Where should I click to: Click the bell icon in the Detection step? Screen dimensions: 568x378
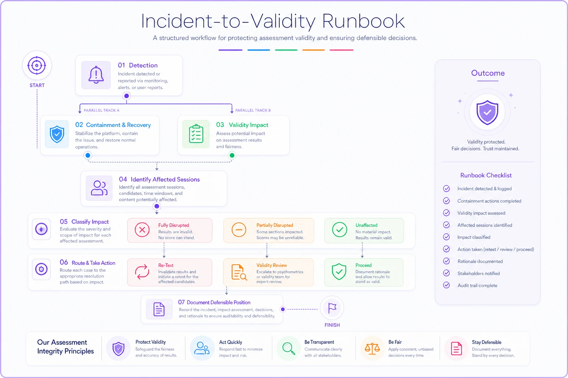[x=96, y=75]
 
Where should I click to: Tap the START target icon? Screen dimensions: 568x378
[x=37, y=65]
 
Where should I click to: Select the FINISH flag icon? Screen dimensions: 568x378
[x=332, y=308]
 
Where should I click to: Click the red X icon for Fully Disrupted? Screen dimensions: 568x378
[x=142, y=230]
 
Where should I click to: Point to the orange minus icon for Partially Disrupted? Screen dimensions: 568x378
[x=239, y=230]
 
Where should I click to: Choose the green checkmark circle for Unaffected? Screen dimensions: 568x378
[x=339, y=230]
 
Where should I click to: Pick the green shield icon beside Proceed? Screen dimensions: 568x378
[x=339, y=272]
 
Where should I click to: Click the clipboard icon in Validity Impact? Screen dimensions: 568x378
[x=196, y=134]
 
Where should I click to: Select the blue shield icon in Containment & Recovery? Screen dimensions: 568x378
[x=57, y=134]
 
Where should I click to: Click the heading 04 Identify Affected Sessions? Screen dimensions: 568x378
[x=159, y=179]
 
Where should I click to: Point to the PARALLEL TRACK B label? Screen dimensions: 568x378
[x=253, y=110]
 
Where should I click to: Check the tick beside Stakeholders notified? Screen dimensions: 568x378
[x=446, y=273]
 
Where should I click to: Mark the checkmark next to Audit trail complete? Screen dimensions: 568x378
[x=446, y=285]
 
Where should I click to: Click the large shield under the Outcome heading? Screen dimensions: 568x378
[x=487, y=113]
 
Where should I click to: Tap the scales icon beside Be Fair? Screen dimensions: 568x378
[x=372, y=348]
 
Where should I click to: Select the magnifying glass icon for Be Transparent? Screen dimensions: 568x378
[x=288, y=348]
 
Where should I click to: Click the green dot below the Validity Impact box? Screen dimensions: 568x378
[x=232, y=155]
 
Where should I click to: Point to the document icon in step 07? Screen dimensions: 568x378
[x=159, y=309]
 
